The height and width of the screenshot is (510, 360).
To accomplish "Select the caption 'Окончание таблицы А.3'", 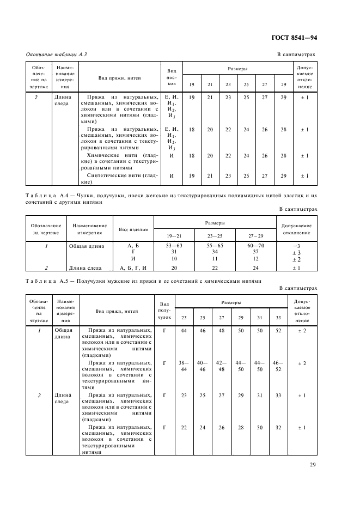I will coord(57,55).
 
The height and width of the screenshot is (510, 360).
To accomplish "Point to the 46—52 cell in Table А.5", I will coord(278,366).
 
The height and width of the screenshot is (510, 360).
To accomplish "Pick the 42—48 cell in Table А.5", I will coord(221,366).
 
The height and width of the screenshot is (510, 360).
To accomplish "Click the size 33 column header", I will coord(278,317).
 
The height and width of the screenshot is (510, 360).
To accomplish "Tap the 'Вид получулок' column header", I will coord(164,311).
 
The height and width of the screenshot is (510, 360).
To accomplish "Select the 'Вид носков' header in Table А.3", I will coord(172,77).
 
